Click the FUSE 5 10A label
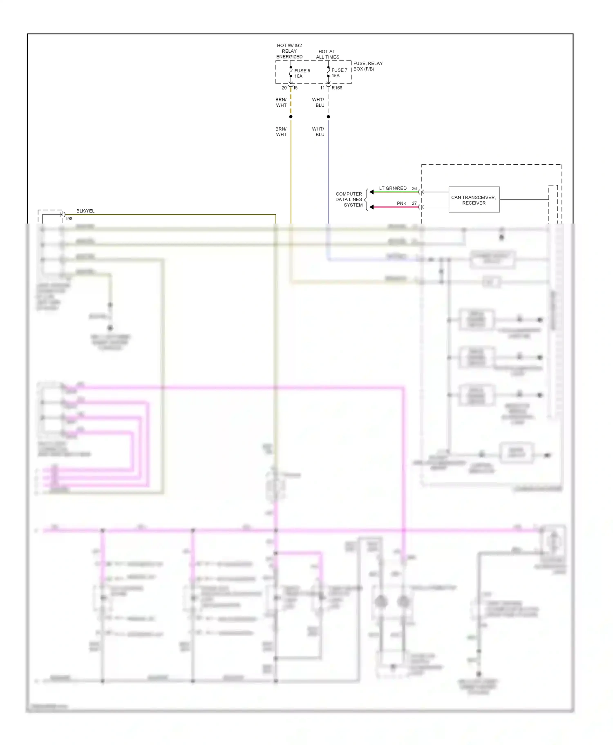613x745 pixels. [x=302, y=73]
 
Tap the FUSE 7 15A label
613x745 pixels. [x=339, y=73]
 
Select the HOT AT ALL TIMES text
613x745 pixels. [x=327, y=54]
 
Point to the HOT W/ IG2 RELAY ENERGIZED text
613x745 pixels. [x=289, y=51]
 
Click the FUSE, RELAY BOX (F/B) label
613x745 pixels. [x=368, y=66]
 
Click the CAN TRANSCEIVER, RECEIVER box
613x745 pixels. [x=474, y=200]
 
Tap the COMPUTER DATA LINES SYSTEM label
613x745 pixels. [x=349, y=199]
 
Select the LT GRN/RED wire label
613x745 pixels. [x=393, y=188]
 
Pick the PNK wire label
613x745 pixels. [x=401, y=204]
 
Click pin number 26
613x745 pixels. [x=414, y=188]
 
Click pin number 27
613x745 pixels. [x=414, y=204]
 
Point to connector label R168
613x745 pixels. [x=337, y=88]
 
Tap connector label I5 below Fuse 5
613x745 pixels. [x=295, y=88]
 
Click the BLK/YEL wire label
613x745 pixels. [x=85, y=211]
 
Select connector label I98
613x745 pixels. [x=69, y=219]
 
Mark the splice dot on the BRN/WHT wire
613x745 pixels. [x=291, y=117]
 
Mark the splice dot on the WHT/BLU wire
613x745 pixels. [x=328, y=117]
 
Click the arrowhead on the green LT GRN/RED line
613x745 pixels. [x=371, y=192]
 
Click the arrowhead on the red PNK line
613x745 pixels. [x=371, y=207]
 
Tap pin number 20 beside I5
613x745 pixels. [x=284, y=88]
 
